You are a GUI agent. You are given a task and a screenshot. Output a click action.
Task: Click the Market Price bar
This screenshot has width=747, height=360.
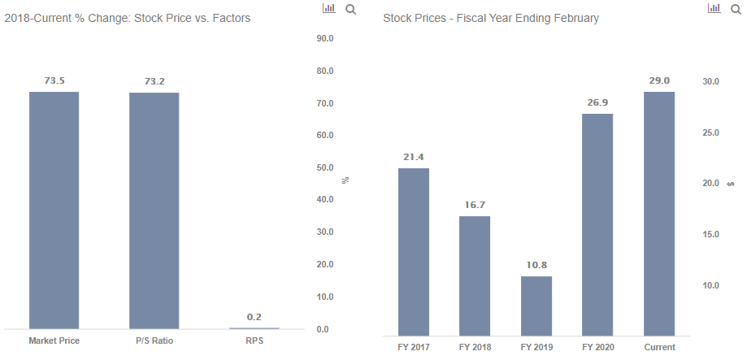54,210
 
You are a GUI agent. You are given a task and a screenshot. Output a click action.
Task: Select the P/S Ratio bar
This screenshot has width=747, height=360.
154,210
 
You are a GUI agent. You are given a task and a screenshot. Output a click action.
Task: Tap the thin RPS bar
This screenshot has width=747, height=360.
254,328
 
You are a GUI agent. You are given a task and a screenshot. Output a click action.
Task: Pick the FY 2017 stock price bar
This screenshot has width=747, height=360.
414,252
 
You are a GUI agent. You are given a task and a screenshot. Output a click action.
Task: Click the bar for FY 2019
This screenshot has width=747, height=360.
536,306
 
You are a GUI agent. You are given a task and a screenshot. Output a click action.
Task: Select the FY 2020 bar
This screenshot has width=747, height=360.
597,225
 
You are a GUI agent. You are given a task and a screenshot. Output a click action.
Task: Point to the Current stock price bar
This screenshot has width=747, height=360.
659,214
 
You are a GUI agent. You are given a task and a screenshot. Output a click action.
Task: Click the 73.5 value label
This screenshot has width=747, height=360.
54,80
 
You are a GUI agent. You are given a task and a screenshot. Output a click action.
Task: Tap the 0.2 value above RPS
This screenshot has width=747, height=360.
254,317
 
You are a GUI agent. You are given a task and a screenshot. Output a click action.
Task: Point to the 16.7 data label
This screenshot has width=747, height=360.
475,205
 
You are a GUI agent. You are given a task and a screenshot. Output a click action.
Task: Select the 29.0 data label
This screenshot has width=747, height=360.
659,80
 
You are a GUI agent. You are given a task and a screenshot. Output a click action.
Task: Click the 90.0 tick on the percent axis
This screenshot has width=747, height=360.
325,38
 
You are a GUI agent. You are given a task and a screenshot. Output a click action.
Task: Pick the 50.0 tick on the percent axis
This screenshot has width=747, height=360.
325,167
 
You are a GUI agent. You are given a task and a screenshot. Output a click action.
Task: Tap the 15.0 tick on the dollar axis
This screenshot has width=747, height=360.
710,234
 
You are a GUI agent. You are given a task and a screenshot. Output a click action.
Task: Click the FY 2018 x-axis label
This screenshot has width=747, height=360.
475,347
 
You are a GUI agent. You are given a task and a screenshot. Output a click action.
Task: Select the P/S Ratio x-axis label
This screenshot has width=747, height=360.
154,341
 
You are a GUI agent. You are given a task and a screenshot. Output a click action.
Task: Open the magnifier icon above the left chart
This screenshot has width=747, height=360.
350,9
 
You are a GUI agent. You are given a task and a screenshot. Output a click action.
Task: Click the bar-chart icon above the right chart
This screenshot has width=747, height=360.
714,8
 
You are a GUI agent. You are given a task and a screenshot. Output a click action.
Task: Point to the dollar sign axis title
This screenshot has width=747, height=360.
731,184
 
